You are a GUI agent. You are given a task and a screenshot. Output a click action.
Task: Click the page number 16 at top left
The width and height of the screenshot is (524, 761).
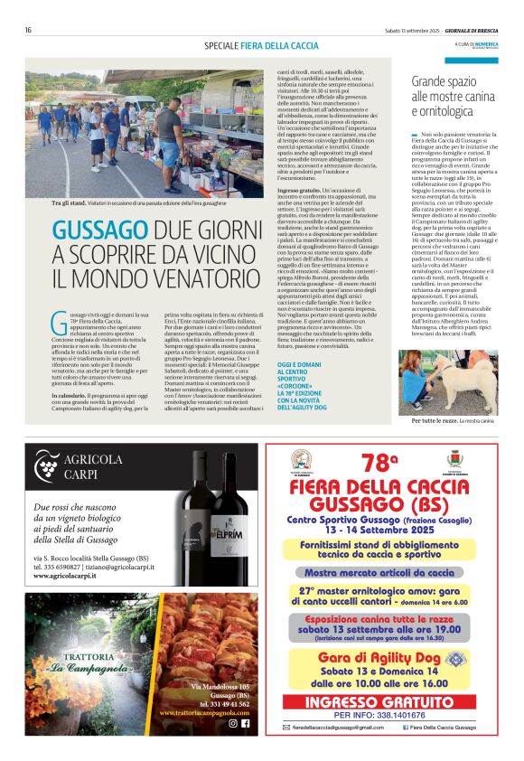[29, 30]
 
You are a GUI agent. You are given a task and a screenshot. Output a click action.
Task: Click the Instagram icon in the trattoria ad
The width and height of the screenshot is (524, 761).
[233, 723]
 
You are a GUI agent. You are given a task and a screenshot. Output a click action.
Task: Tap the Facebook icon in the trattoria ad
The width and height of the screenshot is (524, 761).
[245, 723]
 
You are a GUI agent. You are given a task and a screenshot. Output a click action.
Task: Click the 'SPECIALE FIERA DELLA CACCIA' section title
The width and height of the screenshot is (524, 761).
[261, 45]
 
